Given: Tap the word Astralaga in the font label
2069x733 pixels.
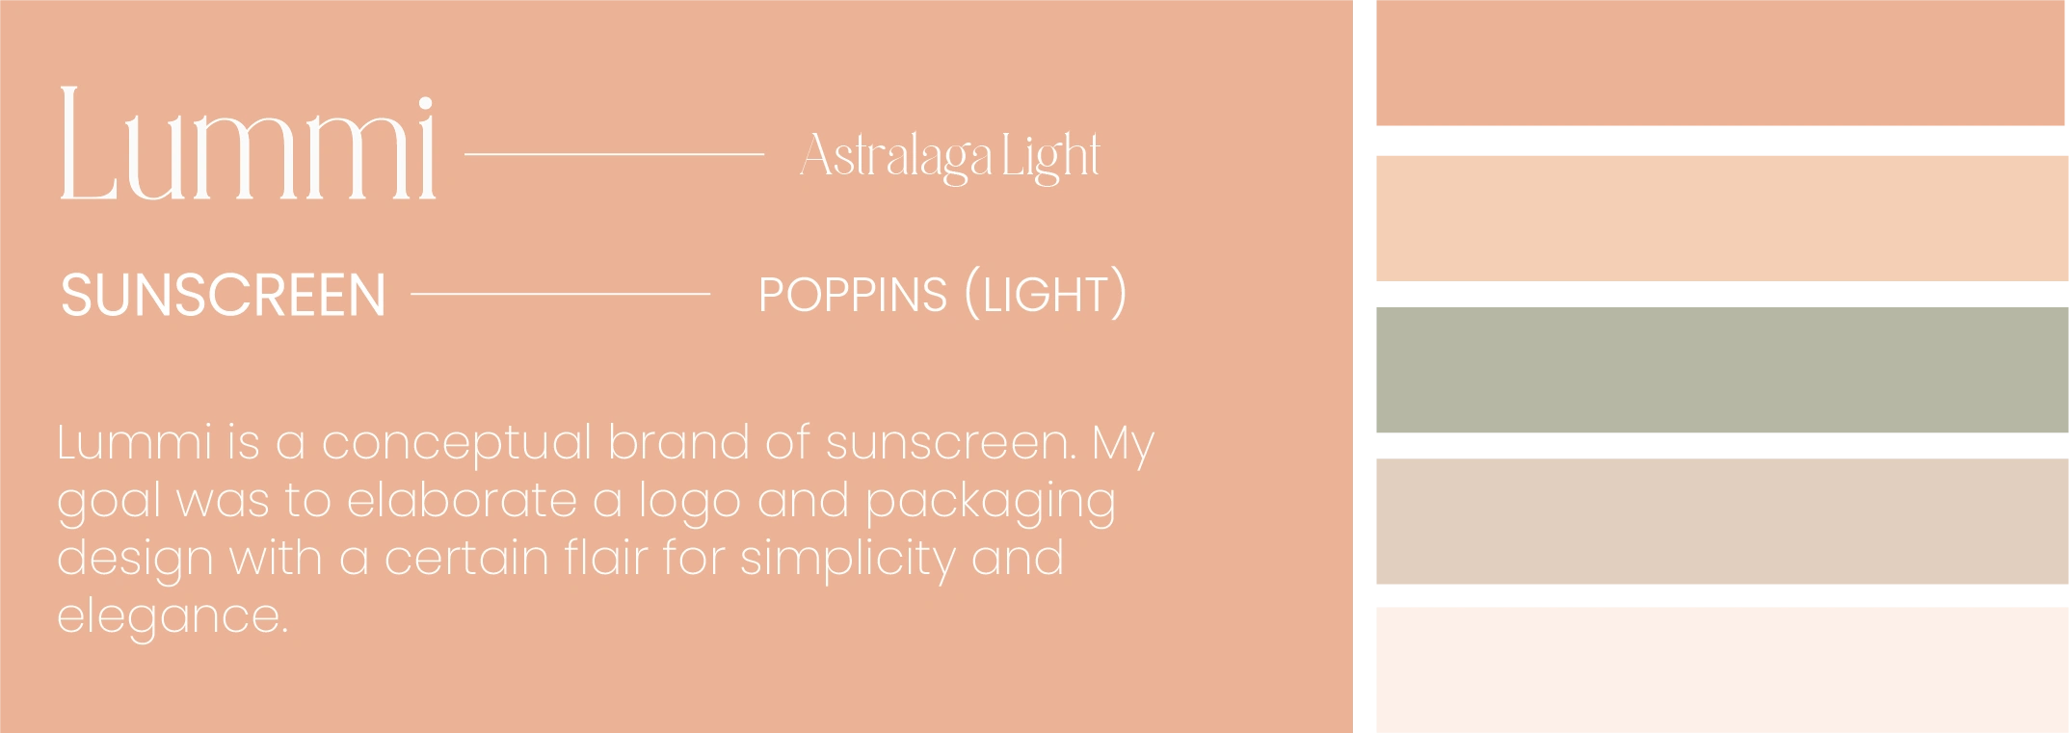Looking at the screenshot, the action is pos(895,156).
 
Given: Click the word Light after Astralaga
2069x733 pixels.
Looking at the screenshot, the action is pos(1050,156).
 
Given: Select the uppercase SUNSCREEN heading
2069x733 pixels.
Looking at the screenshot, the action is pos(223,295).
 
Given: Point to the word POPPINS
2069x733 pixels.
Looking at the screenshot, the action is pos(853,295).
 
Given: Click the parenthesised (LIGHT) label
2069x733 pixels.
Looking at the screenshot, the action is pos(1045,294).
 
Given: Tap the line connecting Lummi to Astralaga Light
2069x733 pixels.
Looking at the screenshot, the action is pos(615,154).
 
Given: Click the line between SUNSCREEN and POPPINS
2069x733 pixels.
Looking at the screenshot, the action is pos(561,294).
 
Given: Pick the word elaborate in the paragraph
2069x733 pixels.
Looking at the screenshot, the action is pos(462,500).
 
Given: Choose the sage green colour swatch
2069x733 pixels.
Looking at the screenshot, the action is pos(1722,370).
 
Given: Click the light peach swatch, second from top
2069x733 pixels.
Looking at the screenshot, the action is pos(1722,219).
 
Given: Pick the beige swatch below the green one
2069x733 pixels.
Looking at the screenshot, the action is pos(1722,521).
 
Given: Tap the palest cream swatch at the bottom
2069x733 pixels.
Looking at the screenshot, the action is pos(1722,670).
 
